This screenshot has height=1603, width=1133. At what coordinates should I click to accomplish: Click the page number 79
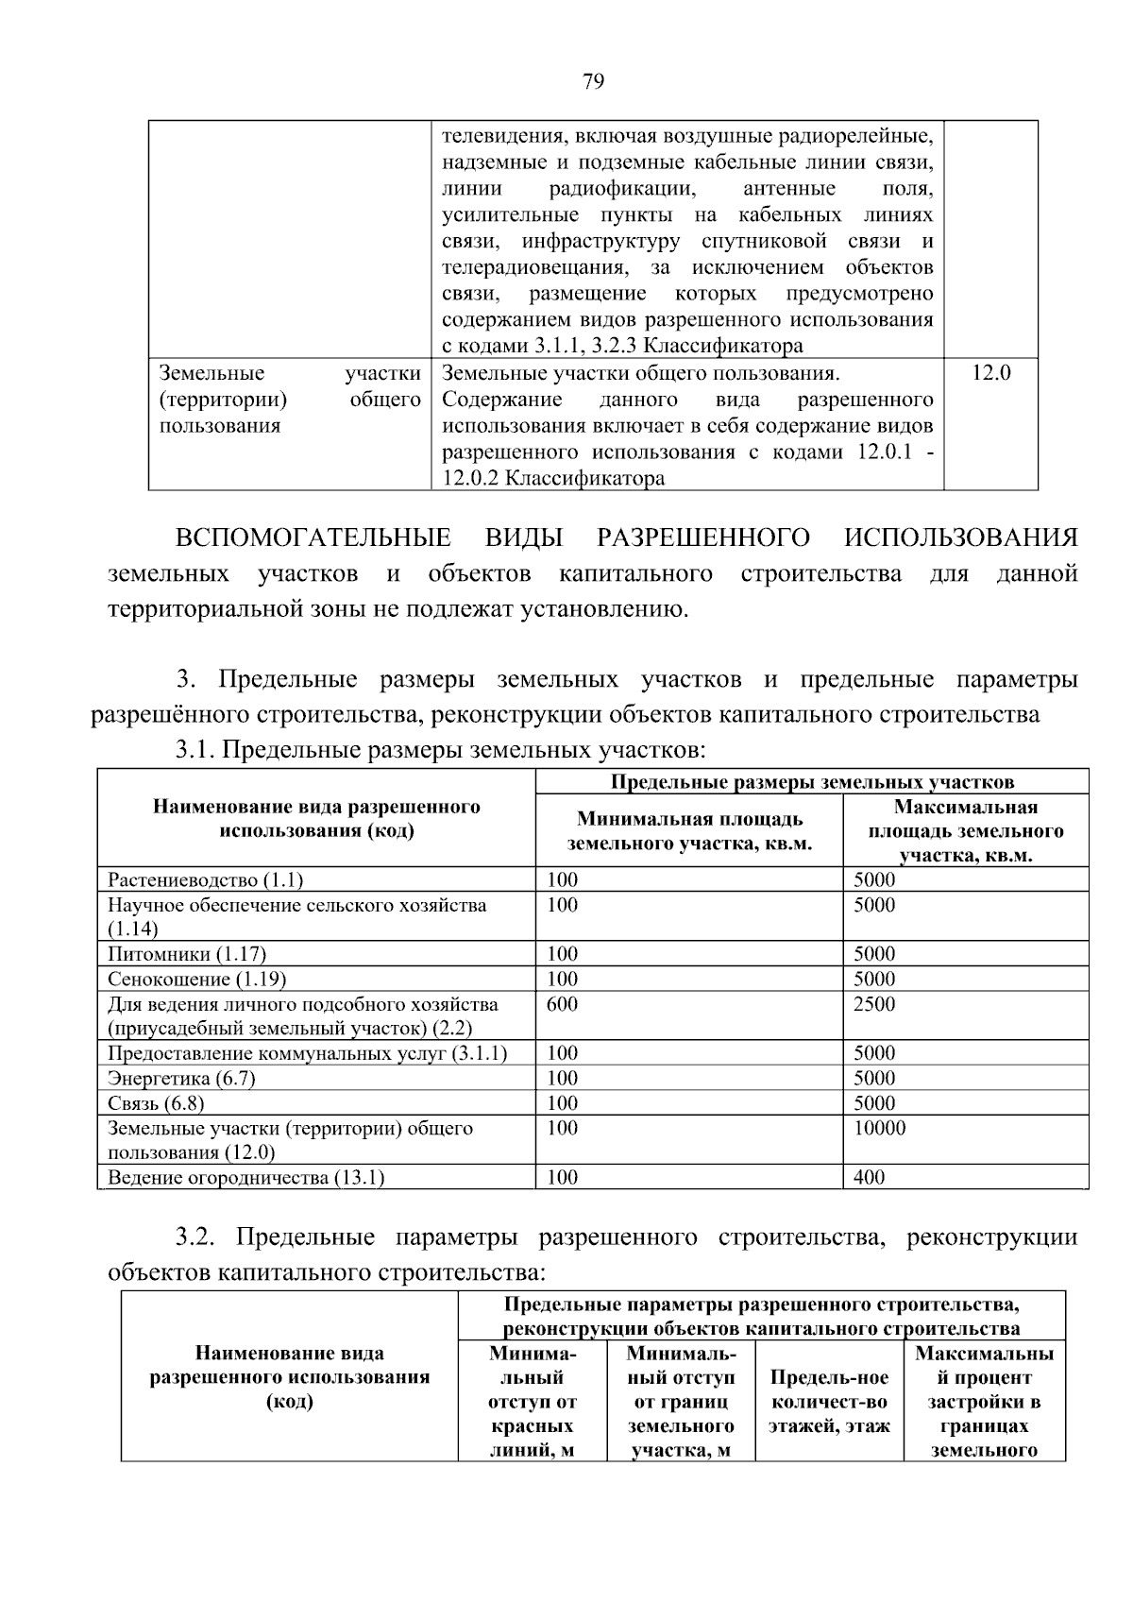click(x=593, y=81)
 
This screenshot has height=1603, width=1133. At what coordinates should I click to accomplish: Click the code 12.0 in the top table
click(x=990, y=373)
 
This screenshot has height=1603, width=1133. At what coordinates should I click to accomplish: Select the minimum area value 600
click(x=562, y=1004)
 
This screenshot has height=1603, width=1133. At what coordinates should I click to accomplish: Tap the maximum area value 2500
click(x=873, y=1004)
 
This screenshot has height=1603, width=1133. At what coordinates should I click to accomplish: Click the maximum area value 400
click(x=869, y=1177)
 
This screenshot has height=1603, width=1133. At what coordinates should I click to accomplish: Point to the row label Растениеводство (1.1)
click(x=205, y=880)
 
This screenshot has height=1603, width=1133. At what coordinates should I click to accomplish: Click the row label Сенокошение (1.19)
click(x=196, y=979)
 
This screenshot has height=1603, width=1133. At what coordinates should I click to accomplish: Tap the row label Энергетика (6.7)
click(x=181, y=1078)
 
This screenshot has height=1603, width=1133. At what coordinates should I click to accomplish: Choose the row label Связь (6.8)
click(x=156, y=1103)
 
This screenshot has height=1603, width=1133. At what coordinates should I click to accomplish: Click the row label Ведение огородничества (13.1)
click(x=245, y=1177)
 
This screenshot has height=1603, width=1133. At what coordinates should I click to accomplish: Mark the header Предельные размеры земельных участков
click(x=812, y=782)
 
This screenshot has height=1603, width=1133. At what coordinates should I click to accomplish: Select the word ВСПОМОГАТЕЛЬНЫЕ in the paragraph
click(x=313, y=538)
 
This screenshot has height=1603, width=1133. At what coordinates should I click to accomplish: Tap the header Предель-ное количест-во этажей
click(x=829, y=1402)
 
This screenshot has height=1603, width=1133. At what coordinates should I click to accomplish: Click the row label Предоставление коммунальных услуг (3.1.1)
click(x=307, y=1053)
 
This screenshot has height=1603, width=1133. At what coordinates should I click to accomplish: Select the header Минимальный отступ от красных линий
click(x=533, y=1402)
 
